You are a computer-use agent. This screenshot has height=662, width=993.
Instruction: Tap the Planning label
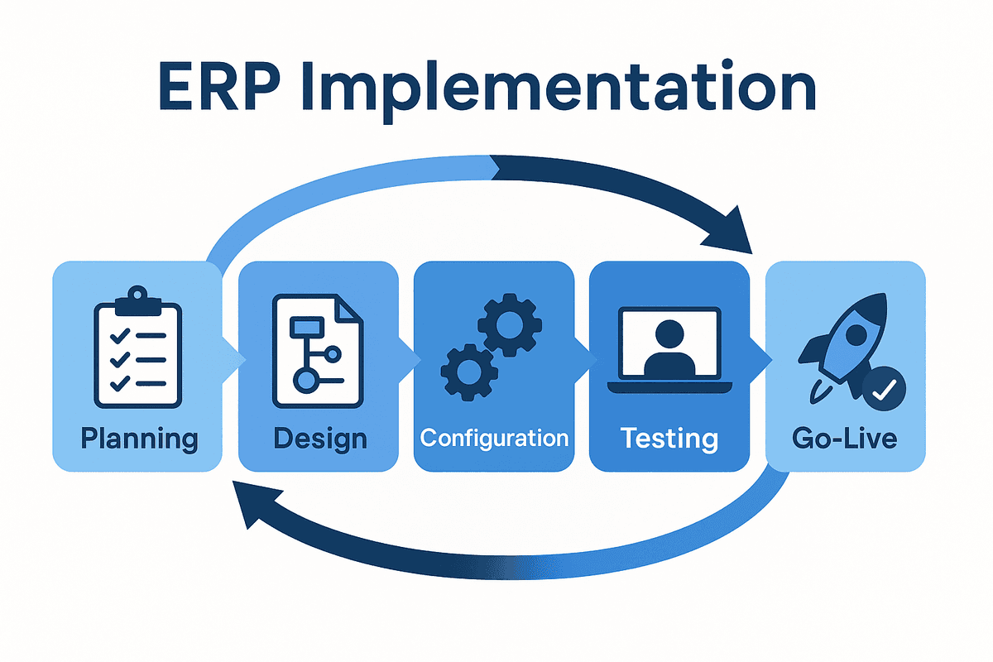coord(139,438)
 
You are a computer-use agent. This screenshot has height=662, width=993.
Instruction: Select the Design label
coord(319,438)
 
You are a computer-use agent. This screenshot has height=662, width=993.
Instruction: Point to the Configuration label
coord(494,438)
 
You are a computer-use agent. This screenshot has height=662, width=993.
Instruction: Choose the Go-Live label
coord(844,438)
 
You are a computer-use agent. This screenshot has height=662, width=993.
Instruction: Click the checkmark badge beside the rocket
coord(883,388)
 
